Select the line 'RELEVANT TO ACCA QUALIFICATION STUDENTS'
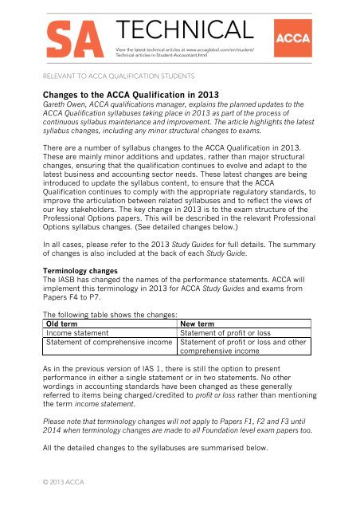[119, 78]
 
